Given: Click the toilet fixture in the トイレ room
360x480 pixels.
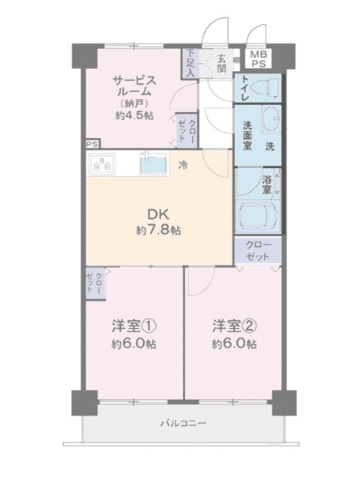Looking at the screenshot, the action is click(265, 87).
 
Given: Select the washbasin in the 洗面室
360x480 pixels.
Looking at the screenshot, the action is click(271, 118).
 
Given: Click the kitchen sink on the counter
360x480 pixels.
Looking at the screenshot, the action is click(154, 163).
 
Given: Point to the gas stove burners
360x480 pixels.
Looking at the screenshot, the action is click(102, 163).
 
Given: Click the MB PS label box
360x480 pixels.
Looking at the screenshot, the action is click(259, 59).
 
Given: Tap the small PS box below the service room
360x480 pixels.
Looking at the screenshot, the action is click(93, 144).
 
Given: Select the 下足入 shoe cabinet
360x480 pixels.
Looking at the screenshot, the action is click(190, 64).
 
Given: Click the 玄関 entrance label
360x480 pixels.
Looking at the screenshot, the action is click(222, 64).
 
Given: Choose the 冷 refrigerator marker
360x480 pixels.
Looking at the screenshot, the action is click(184, 165).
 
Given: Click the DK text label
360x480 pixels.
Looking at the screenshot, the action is click(158, 214).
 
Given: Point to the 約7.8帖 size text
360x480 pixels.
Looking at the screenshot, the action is click(158, 230).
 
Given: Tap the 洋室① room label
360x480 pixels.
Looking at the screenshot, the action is click(133, 326).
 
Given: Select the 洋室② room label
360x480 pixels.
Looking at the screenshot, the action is click(235, 326).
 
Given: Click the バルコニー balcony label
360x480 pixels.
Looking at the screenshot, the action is click(183, 424).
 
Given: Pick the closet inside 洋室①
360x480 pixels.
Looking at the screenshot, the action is click(95, 283).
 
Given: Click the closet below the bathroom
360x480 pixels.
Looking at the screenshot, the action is click(258, 250).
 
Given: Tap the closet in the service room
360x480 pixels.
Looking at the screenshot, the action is click(187, 130).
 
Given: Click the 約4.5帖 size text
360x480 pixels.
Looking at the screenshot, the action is click(135, 116).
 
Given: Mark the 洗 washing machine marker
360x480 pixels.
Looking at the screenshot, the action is click(270, 147).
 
